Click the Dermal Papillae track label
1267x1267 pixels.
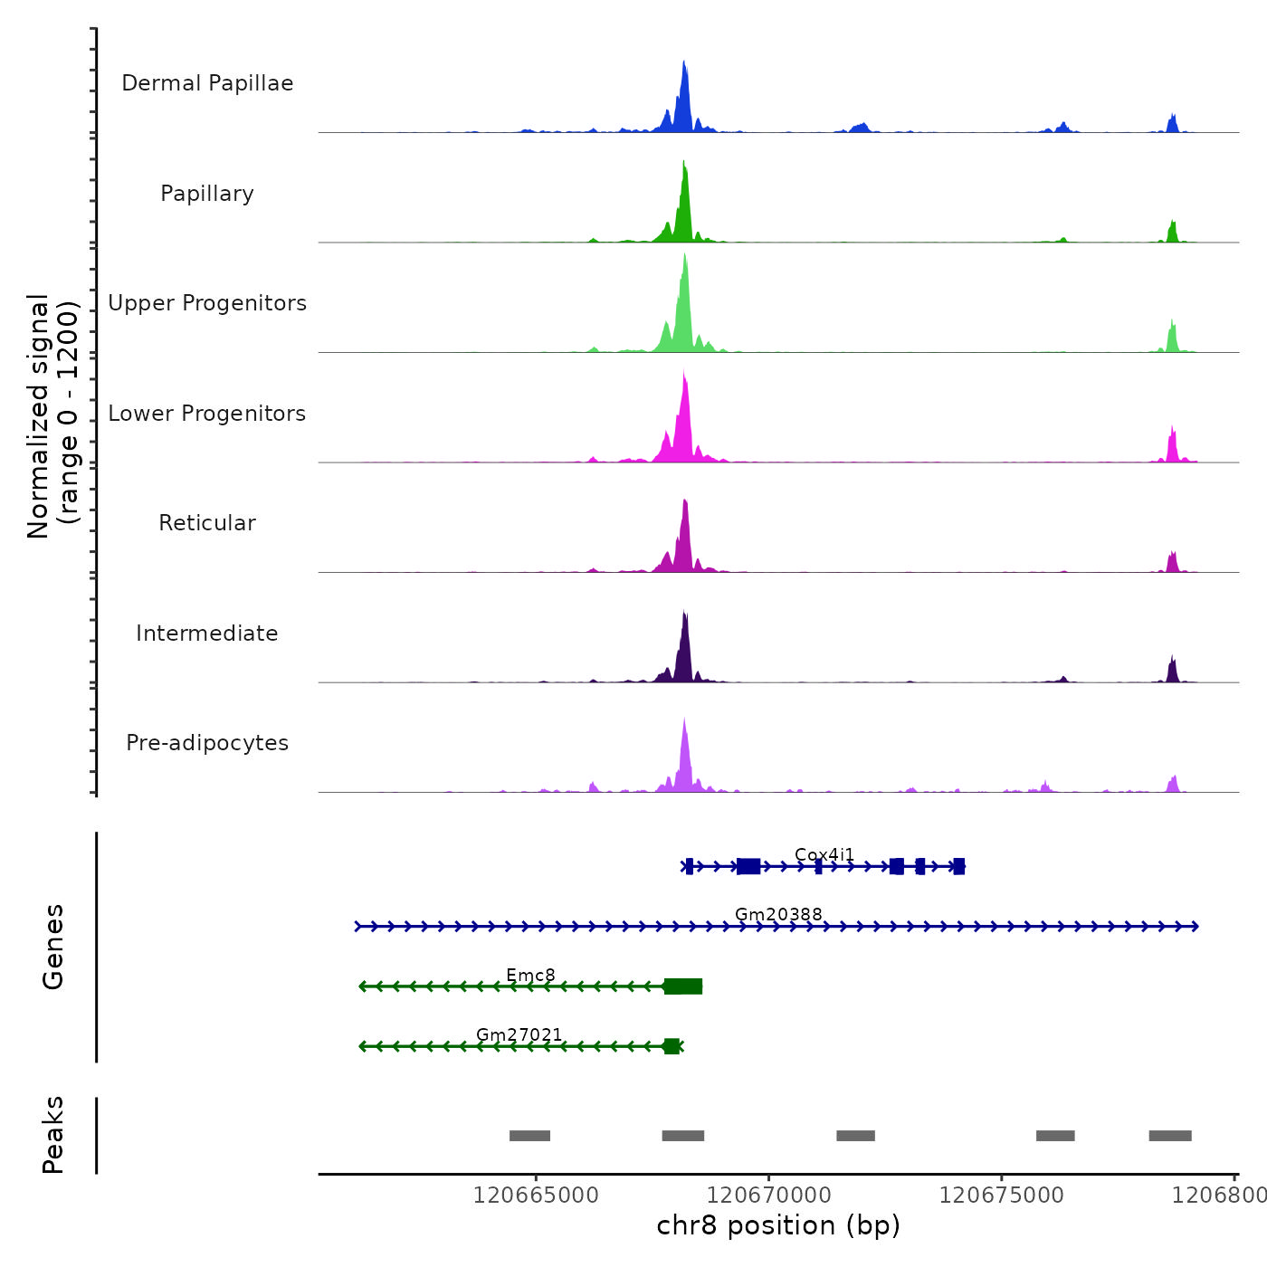click(x=207, y=83)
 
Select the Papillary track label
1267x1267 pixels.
click(x=207, y=194)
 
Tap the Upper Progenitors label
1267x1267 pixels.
click(x=207, y=303)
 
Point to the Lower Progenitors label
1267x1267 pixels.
click(x=207, y=414)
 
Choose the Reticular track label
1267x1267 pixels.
click(x=207, y=523)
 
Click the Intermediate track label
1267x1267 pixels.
click(x=207, y=633)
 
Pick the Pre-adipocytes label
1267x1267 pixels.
click(x=207, y=743)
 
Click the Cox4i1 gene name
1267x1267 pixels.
click(x=824, y=854)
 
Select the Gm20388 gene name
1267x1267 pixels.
click(x=778, y=914)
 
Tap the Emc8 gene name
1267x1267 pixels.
click(x=530, y=975)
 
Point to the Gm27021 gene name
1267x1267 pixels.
click(x=519, y=1034)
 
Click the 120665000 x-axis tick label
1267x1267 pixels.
click(x=536, y=1196)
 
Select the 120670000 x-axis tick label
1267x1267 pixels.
click(x=768, y=1196)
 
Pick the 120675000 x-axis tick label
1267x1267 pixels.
click(x=1002, y=1196)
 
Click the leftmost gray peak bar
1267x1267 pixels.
click(x=529, y=1136)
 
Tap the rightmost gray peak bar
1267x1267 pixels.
click(x=1170, y=1136)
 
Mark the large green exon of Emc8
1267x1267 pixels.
click(x=683, y=986)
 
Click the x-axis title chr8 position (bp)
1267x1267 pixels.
click(x=778, y=1225)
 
